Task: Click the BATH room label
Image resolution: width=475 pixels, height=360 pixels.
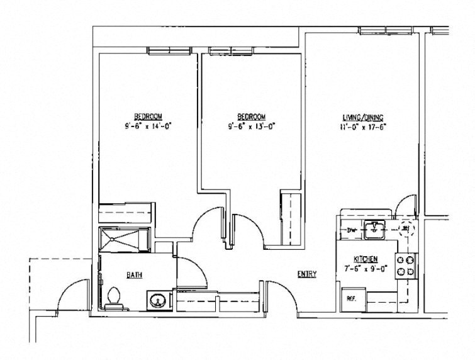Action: pyautogui.click(x=133, y=275)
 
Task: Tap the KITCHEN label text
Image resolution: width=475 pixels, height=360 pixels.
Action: pyautogui.click(x=365, y=259)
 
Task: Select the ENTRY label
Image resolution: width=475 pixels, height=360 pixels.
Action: pyautogui.click(x=307, y=274)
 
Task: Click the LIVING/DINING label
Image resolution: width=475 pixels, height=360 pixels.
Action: pyautogui.click(x=362, y=117)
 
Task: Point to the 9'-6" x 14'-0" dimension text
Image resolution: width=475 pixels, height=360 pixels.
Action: pyautogui.click(x=148, y=125)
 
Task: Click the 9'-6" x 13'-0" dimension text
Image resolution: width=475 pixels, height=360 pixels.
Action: pyautogui.click(x=252, y=125)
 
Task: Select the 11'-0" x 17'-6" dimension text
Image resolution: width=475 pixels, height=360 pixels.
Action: pyautogui.click(x=363, y=125)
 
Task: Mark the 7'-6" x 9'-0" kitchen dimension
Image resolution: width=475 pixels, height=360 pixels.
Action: pyautogui.click(x=366, y=268)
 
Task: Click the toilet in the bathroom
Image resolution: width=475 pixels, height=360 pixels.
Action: pyautogui.click(x=114, y=297)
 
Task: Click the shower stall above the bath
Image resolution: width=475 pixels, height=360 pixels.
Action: pyautogui.click(x=125, y=240)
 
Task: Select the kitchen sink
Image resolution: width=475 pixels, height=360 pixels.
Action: pyautogui.click(x=376, y=230)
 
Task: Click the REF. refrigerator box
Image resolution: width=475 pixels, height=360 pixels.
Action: pyautogui.click(x=350, y=299)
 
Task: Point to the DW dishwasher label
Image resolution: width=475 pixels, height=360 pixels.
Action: pyautogui.click(x=351, y=230)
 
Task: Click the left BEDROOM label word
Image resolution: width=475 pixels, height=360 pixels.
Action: pyautogui.click(x=148, y=116)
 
